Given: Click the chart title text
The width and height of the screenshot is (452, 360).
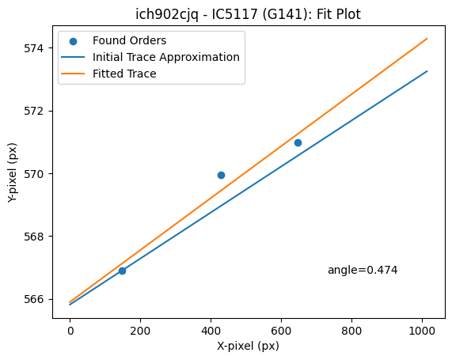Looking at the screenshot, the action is pyautogui.click(x=248, y=14).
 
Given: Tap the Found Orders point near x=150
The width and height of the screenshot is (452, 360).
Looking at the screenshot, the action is pyautogui.click(x=122, y=271).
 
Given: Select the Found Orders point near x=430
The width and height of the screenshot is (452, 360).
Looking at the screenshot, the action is pyautogui.click(x=221, y=175).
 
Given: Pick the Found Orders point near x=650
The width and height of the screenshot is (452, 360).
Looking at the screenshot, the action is pyautogui.click(x=298, y=142).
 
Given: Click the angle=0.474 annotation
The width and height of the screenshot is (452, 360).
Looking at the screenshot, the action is pyautogui.click(x=363, y=270).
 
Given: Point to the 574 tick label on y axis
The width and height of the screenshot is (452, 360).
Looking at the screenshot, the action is pyautogui.click(x=34, y=48).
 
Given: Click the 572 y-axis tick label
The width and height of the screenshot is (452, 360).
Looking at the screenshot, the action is pyautogui.click(x=34, y=112).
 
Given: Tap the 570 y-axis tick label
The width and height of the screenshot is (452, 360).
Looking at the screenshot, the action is pyautogui.click(x=34, y=174).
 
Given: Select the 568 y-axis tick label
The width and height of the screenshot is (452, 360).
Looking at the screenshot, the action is pyautogui.click(x=34, y=237).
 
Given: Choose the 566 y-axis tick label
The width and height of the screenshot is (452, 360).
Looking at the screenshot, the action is pyautogui.click(x=34, y=299).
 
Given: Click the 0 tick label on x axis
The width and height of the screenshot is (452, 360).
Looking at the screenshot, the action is pyautogui.click(x=70, y=332).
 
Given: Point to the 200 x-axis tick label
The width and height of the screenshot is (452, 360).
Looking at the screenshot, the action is pyautogui.click(x=140, y=332).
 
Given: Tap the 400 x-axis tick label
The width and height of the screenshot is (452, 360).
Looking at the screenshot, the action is pyautogui.click(x=211, y=332).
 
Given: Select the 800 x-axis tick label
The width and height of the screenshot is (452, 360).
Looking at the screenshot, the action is pyautogui.click(x=351, y=332).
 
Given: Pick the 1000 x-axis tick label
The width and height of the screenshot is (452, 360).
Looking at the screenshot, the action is pyautogui.click(x=422, y=332).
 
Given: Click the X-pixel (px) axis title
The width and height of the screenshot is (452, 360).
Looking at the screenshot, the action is pyautogui.click(x=248, y=347).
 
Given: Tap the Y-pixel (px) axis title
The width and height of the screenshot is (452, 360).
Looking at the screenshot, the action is pyautogui.click(x=13, y=172).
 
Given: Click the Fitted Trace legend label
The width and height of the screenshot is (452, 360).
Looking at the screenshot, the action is pyautogui.click(x=124, y=74).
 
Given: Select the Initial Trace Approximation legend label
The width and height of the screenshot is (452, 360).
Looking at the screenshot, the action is pyautogui.click(x=166, y=57).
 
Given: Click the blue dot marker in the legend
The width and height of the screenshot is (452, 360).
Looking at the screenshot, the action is pyautogui.click(x=73, y=41).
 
